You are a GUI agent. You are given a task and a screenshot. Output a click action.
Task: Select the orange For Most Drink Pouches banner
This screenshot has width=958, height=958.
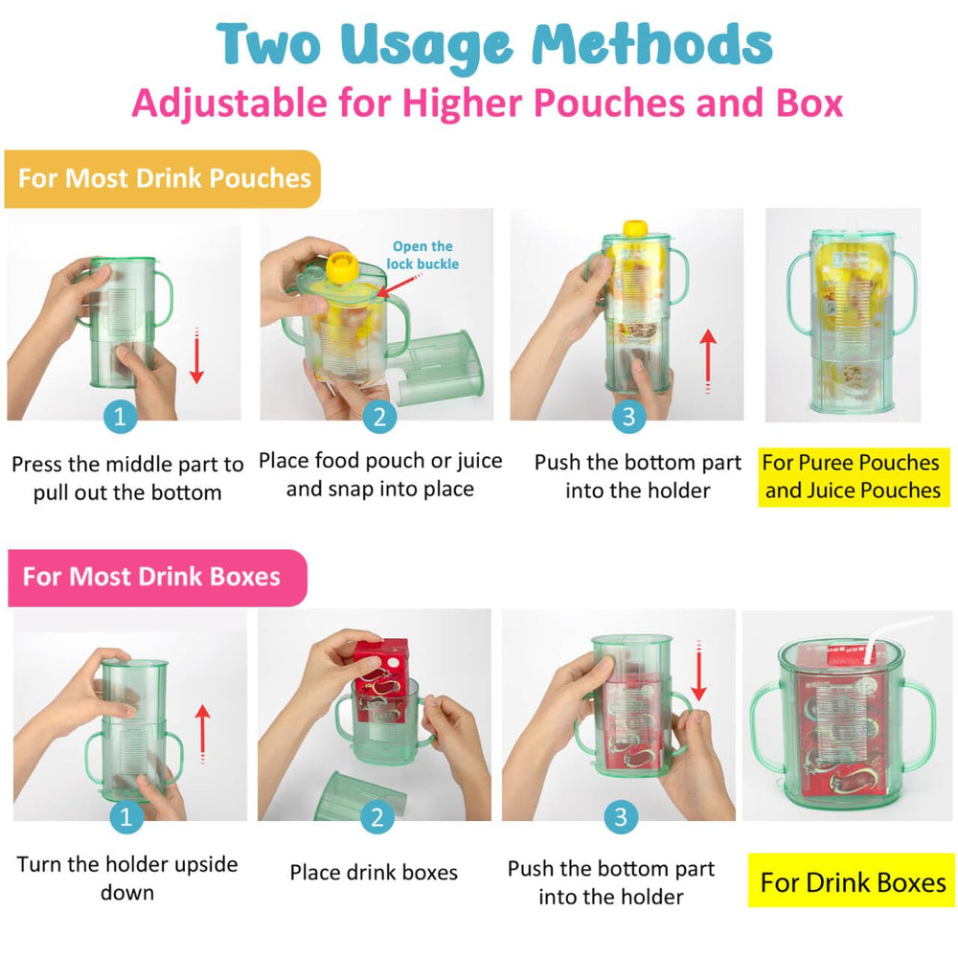tap(163, 178)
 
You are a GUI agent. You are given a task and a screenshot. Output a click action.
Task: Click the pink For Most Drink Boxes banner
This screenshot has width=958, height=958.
tap(153, 577)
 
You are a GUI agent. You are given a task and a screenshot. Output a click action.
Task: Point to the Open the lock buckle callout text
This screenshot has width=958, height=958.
tap(422, 255)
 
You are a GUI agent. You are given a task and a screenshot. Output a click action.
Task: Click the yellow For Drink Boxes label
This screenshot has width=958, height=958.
tap(853, 881)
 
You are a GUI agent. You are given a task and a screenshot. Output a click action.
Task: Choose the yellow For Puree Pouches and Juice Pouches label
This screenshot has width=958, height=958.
tap(853, 476)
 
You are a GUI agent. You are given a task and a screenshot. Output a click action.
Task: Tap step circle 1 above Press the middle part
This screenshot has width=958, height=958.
tap(120, 417)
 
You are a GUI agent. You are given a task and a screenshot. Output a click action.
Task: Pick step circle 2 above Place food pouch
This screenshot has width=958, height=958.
tap(379, 417)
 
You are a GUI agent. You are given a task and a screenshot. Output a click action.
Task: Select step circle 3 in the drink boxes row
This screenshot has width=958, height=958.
tap(622, 817)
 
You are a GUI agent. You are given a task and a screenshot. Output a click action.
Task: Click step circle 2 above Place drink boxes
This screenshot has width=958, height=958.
tap(376, 817)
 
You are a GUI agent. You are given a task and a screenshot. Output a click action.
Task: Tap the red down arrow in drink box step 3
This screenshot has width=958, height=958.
tap(698, 671)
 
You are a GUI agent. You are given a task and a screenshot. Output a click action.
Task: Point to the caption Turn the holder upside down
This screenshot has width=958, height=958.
tap(126, 878)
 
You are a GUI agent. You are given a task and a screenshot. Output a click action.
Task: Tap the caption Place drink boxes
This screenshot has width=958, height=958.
tap(374, 873)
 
